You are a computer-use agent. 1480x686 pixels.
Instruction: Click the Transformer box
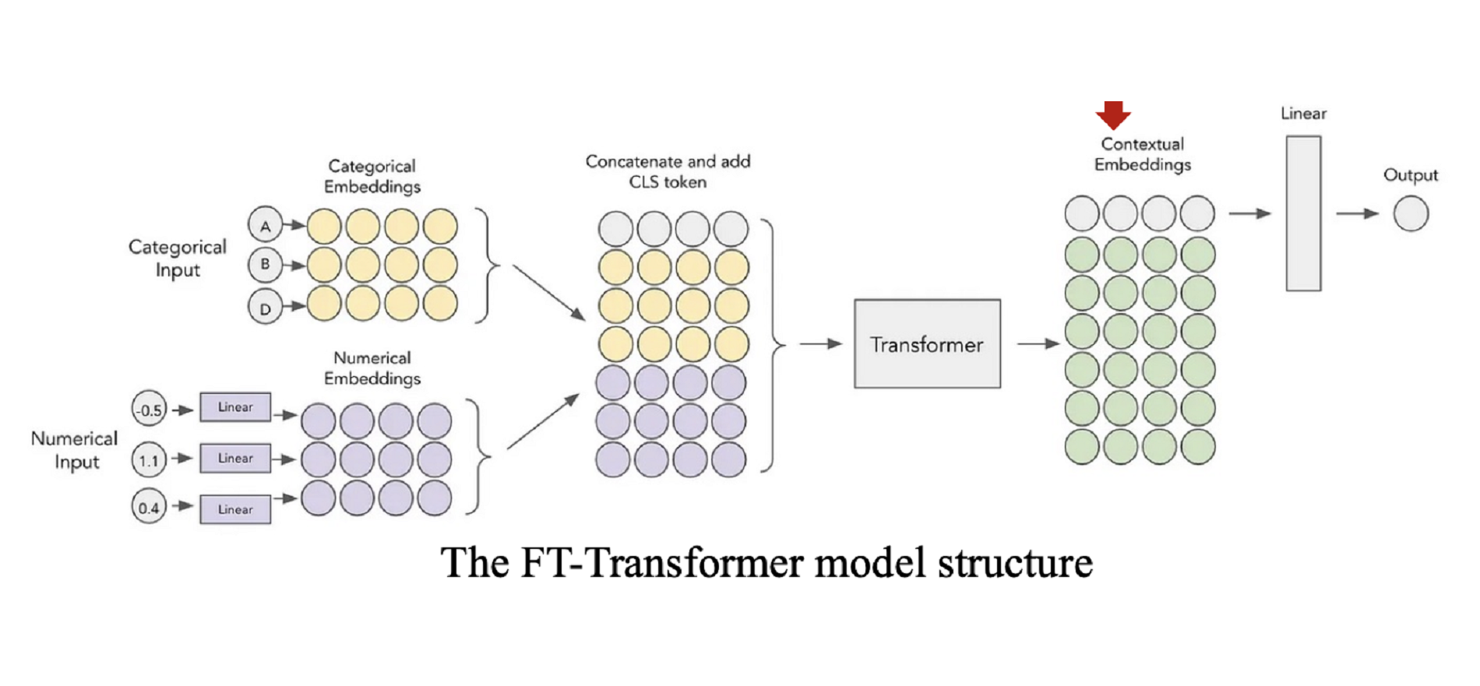point(927,343)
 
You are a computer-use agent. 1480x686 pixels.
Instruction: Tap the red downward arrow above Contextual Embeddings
point(1113,114)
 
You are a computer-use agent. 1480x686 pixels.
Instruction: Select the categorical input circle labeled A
point(265,226)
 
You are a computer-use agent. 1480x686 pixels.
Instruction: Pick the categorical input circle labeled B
point(265,265)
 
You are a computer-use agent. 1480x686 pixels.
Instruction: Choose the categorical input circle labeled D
point(265,308)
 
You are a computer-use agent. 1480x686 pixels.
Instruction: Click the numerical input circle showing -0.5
point(149,409)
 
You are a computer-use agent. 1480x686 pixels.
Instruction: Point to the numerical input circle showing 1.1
point(149,459)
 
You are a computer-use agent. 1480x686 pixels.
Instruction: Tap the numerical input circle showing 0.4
point(149,508)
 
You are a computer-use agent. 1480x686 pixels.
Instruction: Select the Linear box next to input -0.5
point(235,407)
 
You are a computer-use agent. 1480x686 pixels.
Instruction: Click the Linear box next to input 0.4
point(235,509)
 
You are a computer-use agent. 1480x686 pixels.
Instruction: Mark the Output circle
point(1411,213)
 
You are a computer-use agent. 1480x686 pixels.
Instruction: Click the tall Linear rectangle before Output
point(1303,213)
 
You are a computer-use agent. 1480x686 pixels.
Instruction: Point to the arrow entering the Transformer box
point(821,343)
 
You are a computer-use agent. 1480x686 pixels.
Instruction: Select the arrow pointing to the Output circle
point(1357,213)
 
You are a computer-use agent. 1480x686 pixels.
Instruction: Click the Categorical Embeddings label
point(372,176)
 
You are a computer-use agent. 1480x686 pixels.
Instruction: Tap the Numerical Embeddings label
point(372,368)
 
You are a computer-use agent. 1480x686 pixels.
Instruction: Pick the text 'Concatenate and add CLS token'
point(668,171)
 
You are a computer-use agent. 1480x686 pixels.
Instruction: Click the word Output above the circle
point(1411,175)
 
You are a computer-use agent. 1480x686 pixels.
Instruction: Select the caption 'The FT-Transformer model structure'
point(766,562)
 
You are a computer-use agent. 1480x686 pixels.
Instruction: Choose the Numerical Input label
point(75,450)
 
